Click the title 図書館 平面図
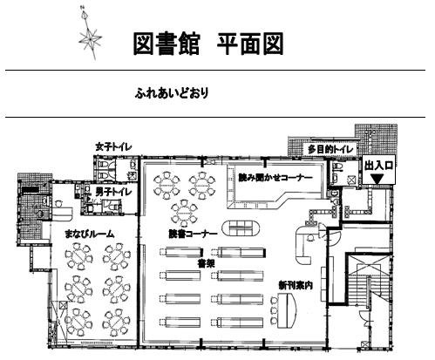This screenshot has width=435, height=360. pos(207,43)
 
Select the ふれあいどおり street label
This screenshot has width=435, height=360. pos(171,91)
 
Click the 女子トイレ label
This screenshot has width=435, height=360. pos(113,147)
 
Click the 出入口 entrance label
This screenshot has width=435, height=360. pos(379,164)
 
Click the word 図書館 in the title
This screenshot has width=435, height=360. pos(166,43)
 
